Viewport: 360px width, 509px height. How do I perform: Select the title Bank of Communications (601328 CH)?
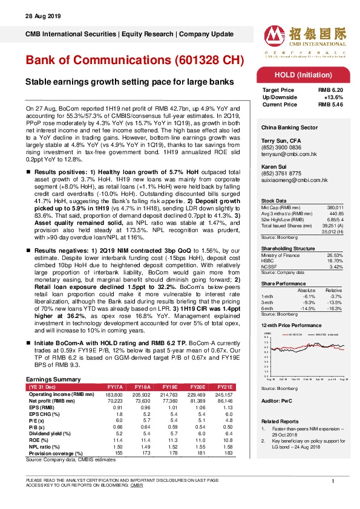tap(134, 61)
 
